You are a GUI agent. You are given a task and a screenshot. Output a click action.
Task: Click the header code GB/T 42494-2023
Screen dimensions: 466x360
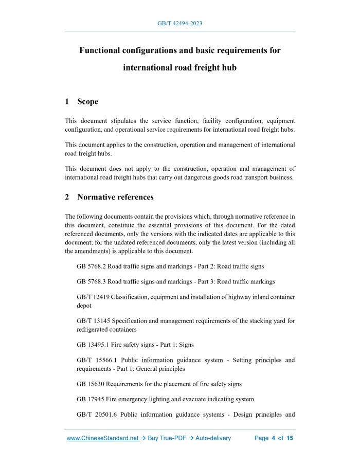pyautogui.click(x=179, y=24)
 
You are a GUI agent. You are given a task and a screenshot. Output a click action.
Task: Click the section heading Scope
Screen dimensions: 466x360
pyautogui.click(x=87, y=101)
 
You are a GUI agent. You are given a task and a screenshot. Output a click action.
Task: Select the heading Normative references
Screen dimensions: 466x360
pyautogui.click(x=115, y=197)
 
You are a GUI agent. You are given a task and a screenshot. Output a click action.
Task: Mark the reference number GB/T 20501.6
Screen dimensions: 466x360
pyautogui.click(x=96, y=415)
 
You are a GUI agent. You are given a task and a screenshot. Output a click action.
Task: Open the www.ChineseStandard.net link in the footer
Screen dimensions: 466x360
pyautogui.click(x=103, y=438)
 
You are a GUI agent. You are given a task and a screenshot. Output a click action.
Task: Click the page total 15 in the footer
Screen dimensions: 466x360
pyautogui.click(x=290, y=438)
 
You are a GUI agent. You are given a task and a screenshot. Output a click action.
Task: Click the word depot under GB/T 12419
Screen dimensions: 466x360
pyautogui.click(x=84, y=306)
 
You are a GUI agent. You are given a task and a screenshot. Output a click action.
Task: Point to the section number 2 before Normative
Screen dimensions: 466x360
pyautogui.click(x=67, y=197)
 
